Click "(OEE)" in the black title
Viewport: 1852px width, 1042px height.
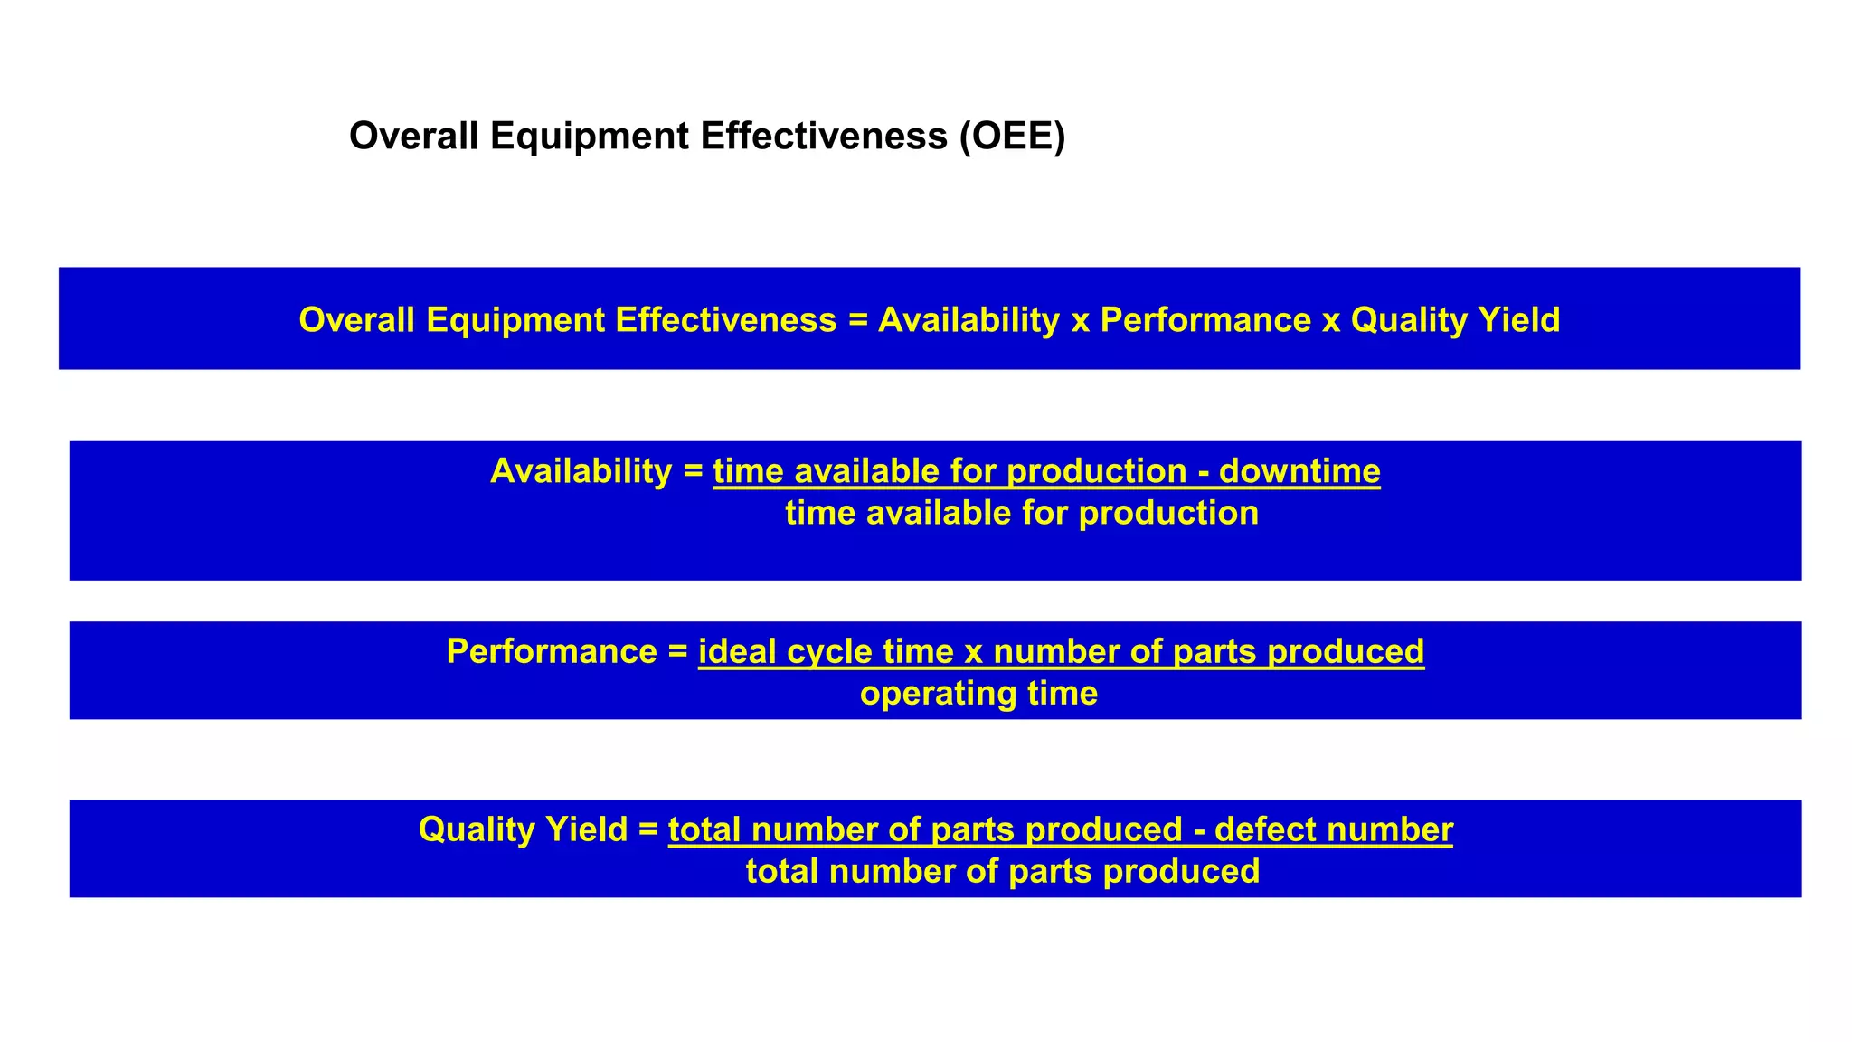(1013, 137)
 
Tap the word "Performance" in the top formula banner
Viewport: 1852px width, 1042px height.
(1205, 320)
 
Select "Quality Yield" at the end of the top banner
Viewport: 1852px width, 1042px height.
(1455, 320)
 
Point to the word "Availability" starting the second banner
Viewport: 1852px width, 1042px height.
(581, 471)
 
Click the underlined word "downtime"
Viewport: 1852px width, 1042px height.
(1299, 471)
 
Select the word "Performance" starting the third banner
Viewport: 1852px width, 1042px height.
(552, 652)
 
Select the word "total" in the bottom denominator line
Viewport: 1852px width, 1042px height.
(782, 872)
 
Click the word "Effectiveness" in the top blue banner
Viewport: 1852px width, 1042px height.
(725, 320)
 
